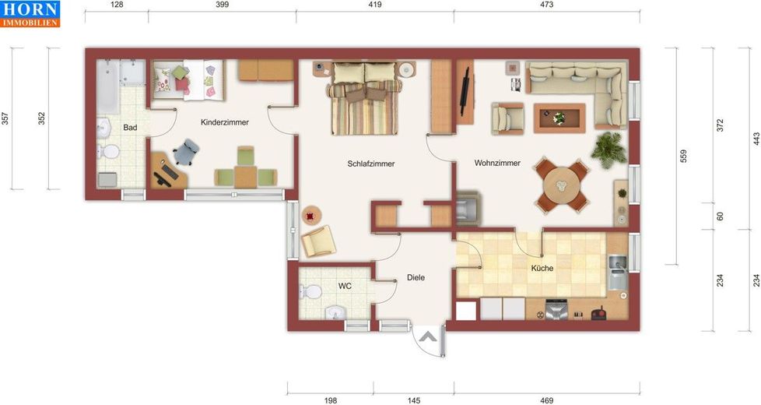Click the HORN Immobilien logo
(x=30, y=13)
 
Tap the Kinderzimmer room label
(x=225, y=122)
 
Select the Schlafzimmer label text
(x=371, y=164)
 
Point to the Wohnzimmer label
(x=497, y=163)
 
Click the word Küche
(x=542, y=268)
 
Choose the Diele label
(x=416, y=278)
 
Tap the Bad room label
(x=130, y=128)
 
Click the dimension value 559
(x=683, y=156)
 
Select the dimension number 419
(x=375, y=5)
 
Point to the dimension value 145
(x=414, y=400)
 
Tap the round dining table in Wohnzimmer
(x=562, y=185)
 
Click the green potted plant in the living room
(x=608, y=150)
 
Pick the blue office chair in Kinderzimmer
(x=186, y=152)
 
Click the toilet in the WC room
(x=310, y=292)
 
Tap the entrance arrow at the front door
(x=428, y=336)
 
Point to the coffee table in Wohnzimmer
(x=559, y=118)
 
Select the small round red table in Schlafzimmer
(x=311, y=215)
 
